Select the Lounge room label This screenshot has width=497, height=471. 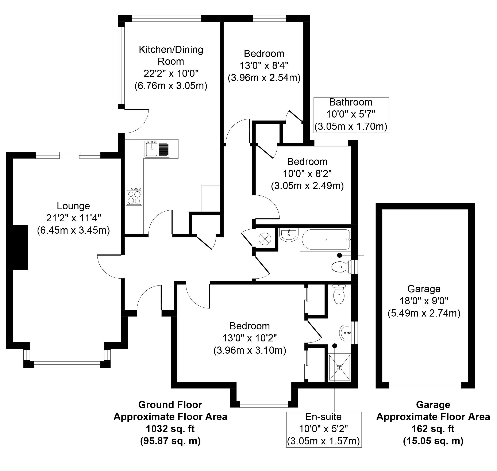(x=73, y=206)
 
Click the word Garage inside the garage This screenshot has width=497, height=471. (x=424, y=289)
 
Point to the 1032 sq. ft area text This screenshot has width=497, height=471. (x=170, y=429)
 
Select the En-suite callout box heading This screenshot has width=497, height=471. (x=323, y=417)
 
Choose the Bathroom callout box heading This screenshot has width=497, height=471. (x=351, y=102)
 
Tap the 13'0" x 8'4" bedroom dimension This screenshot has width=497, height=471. (x=264, y=66)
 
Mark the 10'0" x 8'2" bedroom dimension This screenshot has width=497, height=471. (x=307, y=174)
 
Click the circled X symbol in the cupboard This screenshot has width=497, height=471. (x=265, y=238)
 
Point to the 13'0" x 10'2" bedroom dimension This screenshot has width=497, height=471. (x=250, y=338)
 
